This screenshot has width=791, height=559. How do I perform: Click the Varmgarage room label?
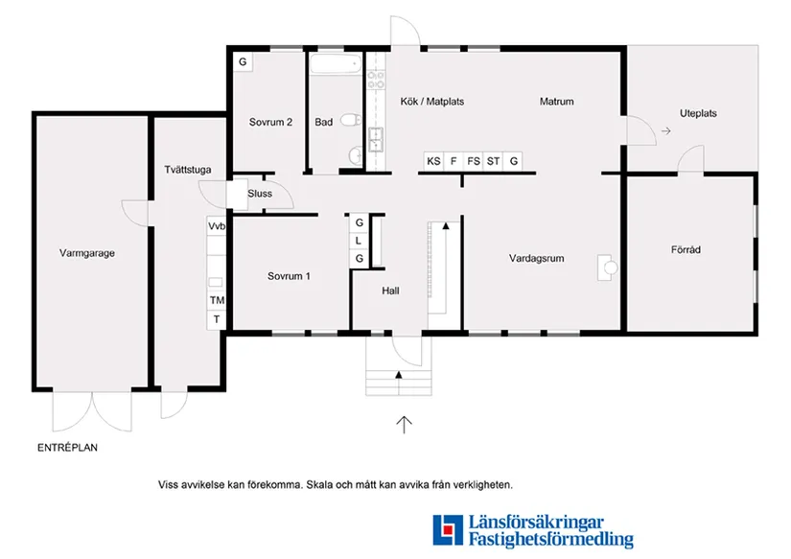tap(86, 253)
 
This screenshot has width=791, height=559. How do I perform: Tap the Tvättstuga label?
tap(188, 170)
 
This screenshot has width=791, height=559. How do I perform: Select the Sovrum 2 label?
tap(270, 122)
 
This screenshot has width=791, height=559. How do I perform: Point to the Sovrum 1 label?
tap(289, 276)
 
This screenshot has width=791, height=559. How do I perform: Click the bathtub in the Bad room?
tap(336, 64)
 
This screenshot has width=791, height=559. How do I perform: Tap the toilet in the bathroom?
tap(351, 120)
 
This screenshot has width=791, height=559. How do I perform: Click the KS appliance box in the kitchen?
tap(433, 161)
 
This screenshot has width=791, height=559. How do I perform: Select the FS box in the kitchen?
tap(474, 161)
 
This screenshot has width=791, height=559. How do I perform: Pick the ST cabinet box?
tap(493, 161)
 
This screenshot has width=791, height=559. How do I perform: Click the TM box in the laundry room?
tap(217, 300)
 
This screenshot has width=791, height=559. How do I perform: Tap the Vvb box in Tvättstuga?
tap(217, 226)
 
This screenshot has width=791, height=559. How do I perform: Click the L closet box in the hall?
tap(359, 241)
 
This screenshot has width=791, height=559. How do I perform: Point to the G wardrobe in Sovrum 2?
tap(243, 61)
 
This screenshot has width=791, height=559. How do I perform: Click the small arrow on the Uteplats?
tap(666, 130)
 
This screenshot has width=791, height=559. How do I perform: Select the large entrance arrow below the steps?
tap(404, 425)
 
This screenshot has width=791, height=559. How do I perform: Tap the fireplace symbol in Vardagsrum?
tap(607, 268)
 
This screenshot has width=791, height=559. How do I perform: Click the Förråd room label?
tap(686, 249)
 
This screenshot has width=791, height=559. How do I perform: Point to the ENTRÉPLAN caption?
tap(68, 447)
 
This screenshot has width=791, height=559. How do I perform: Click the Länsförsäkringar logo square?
tap(448, 529)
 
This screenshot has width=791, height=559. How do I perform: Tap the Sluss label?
tap(260, 194)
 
